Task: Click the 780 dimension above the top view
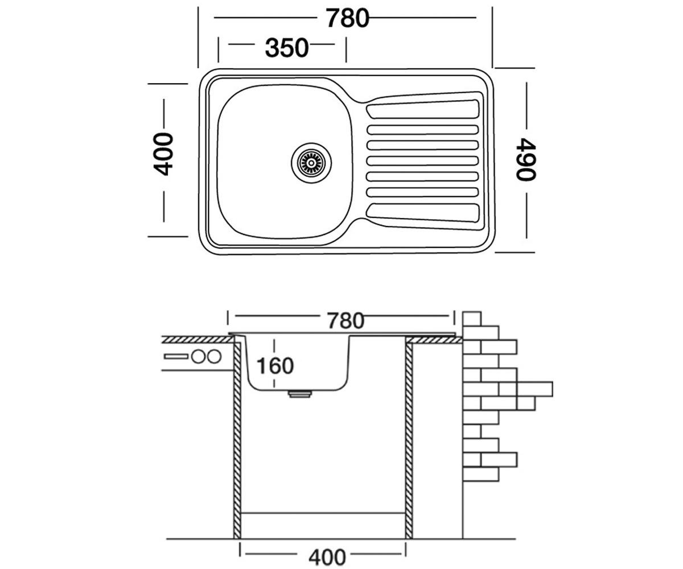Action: (x=347, y=18)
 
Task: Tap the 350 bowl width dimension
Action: (x=287, y=48)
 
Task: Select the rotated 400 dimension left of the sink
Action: (x=163, y=154)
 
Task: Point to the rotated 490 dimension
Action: (x=526, y=159)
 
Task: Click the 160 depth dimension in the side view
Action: (x=275, y=366)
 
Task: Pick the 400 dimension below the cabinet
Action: (x=327, y=557)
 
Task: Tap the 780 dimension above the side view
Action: (x=345, y=321)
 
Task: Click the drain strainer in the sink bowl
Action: (x=311, y=163)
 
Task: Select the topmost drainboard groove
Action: (x=423, y=109)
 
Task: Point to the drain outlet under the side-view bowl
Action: (x=299, y=394)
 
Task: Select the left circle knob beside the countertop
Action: (x=198, y=356)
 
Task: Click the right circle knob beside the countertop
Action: (x=214, y=356)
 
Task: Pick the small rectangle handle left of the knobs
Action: (x=176, y=356)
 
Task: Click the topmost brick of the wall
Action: (x=472, y=319)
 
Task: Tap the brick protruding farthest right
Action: (x=535, y=389)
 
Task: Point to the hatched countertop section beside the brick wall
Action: (x=436, y=340)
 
